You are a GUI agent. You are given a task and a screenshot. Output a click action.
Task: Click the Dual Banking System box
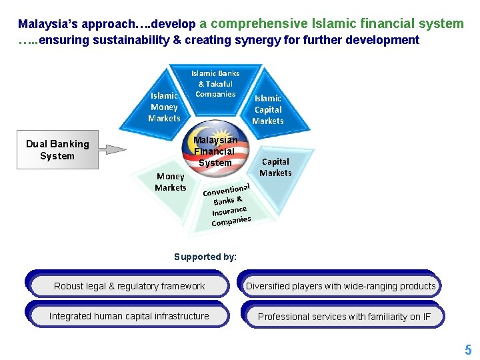coord(57,149)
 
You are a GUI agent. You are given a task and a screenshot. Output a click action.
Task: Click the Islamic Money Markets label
coord(164,107)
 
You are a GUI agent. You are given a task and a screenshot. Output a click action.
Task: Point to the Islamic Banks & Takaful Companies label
coord(215,83)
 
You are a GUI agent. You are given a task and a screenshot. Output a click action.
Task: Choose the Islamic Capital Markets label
coord(268,109)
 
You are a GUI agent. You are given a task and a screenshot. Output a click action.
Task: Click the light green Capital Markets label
coord(275,167)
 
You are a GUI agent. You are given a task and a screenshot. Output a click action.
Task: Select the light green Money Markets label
coord(170,182)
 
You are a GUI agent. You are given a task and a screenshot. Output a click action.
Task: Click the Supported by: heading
coord(205,257)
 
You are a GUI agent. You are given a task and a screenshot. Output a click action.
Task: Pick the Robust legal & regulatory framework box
coord(129,286)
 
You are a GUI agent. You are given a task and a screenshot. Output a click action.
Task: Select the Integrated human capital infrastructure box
coord(129,316)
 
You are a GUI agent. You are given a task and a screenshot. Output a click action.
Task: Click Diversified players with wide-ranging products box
coord(341,286)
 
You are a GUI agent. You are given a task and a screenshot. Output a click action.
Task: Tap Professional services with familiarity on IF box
coord(344,317)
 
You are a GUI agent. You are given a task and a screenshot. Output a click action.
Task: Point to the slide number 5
coord(468,350)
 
